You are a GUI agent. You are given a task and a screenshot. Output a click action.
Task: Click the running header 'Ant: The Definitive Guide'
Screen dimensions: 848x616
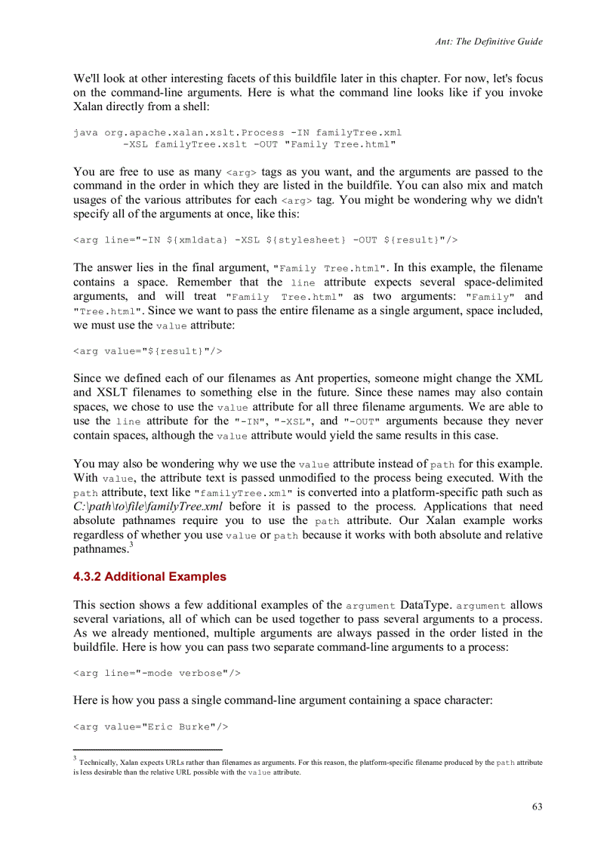488,42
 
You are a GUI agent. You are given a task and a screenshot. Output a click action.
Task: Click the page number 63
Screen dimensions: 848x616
537,806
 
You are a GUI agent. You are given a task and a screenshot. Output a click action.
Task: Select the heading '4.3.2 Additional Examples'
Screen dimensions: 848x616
149,577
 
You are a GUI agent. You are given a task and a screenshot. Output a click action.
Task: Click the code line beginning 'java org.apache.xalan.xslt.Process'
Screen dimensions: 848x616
232,132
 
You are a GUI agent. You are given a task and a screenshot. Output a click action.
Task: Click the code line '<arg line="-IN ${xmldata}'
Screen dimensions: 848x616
265,239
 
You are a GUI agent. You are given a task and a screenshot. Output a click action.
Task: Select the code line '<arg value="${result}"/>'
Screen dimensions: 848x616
147,350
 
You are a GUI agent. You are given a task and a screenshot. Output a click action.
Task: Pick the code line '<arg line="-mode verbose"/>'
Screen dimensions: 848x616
156,672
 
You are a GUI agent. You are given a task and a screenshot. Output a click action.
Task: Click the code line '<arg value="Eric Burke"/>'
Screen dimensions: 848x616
150,726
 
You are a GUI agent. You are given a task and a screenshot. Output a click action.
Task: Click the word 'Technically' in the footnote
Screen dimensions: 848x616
97,763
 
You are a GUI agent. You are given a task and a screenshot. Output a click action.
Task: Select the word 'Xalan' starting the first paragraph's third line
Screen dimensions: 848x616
88,107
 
